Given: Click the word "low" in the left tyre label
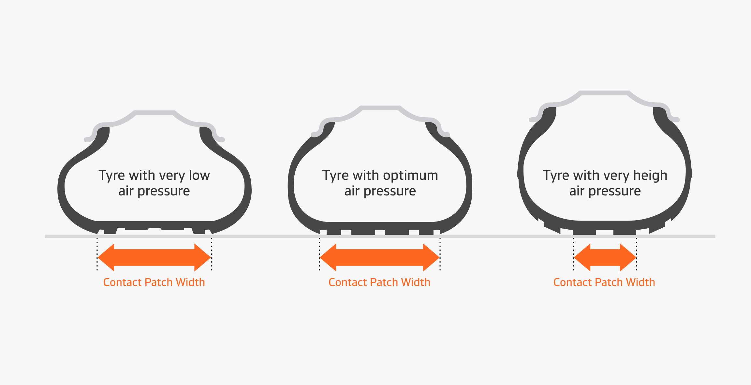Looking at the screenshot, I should click(x=199, y=175).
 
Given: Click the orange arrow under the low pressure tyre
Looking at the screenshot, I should click(x=154, y=257).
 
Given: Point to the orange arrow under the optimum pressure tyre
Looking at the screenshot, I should click(x=380, y=257).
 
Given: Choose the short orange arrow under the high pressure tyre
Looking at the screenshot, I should click(x=605, y=257).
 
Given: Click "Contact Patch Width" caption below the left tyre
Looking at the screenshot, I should click(x=154, y=282).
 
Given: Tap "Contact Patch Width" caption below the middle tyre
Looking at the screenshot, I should click(x=379, y=282).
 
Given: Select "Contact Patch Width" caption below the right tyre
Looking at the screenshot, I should click(x=604, y=282).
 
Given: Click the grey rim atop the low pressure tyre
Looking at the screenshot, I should click(x=155, y=113).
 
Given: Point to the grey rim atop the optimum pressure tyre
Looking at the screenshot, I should click(x=380, y=108).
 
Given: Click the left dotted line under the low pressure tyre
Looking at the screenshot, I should click(x=97, y=254).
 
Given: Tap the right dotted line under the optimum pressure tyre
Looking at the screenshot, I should click(x=440, y=254).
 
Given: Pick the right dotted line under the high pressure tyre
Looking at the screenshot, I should click(x=636, y=254).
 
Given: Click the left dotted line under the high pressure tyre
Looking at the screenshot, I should click(x=573, y=254).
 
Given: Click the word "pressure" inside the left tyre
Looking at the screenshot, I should click(x=164, y=191).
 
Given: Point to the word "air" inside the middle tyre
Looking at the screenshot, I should click(x=352, y=191).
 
